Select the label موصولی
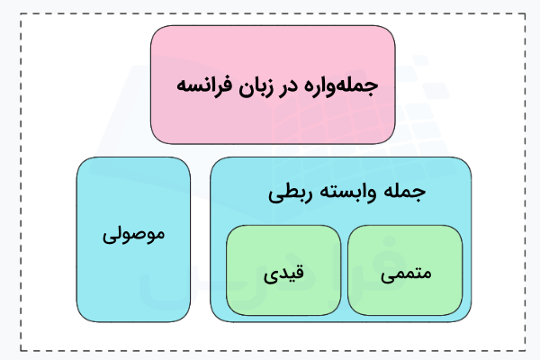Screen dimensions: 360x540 coord(134,236)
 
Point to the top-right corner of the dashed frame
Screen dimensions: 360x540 coord(525,14)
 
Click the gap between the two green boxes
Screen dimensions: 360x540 coord(345,270)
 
